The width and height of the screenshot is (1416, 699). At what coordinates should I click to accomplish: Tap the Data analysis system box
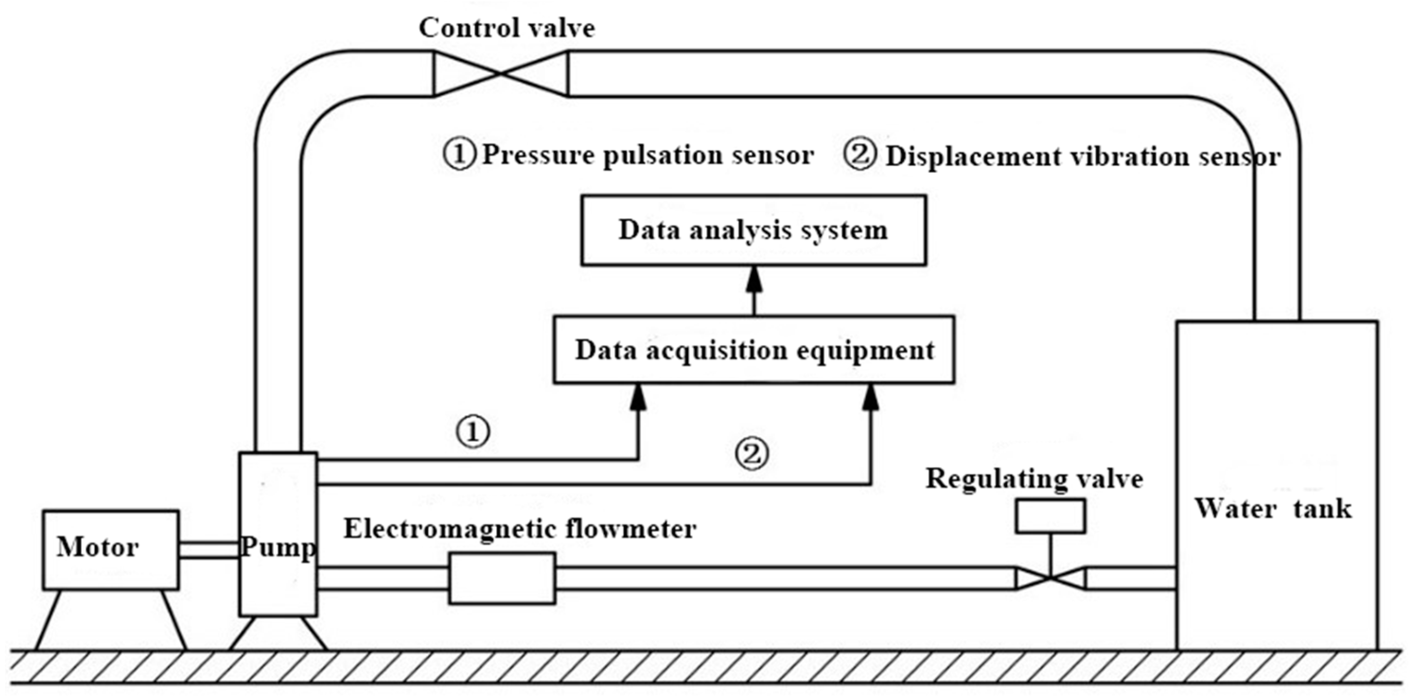point(753,230)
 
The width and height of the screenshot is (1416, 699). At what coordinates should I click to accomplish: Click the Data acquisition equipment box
point(753,350)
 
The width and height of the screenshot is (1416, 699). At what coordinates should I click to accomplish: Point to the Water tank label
point(1273,509)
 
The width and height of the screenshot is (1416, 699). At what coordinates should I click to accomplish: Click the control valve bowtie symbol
point(500,73)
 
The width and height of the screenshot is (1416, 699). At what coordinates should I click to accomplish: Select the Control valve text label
point(506,28)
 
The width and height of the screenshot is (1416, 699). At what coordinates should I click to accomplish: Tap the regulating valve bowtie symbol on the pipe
point(1050,579)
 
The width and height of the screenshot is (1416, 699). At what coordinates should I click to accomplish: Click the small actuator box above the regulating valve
point(1050,516)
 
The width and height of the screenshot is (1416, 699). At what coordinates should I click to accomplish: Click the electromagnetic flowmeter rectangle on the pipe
point(502,579)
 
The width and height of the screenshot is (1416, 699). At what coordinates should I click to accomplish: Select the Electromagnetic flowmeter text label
point(519,529)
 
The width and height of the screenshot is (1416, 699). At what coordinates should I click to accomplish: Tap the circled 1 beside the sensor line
point(473,432)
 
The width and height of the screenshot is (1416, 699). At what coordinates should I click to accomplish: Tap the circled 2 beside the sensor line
point(752,454)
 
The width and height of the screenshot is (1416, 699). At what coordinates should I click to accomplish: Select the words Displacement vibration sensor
point(1083,157)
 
